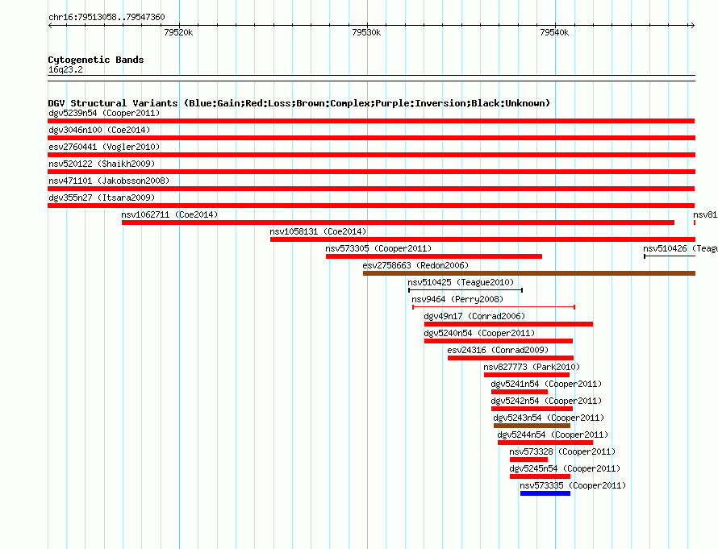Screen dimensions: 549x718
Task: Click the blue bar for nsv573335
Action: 545,493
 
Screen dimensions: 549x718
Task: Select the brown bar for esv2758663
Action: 528,273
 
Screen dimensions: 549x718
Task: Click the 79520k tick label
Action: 177,33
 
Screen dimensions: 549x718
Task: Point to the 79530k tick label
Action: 366,33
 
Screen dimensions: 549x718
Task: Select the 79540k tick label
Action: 554,33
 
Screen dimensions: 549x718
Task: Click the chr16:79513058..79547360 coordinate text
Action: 106,17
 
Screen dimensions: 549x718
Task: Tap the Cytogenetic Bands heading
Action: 96,60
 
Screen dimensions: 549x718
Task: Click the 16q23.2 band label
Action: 65,69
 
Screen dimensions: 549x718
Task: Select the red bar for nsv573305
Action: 433,256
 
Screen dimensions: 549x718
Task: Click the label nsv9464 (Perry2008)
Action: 451,299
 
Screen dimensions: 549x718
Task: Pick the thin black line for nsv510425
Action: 465,289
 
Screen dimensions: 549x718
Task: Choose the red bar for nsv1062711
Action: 398,223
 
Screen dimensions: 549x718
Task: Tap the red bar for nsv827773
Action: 526,374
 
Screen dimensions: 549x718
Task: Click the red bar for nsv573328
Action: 528,459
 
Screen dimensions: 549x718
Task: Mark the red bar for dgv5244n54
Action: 545,442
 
